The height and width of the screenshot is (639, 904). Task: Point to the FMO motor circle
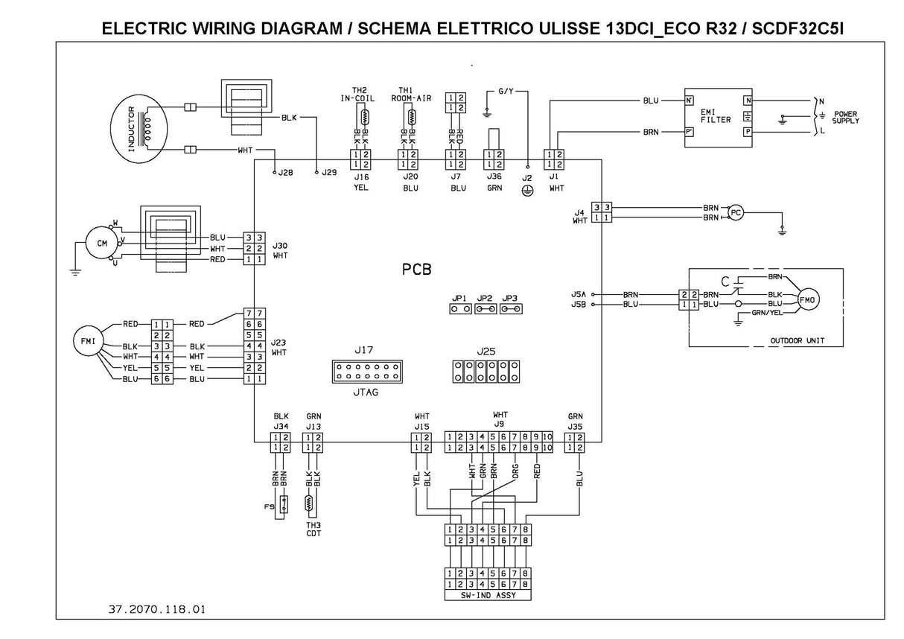808,299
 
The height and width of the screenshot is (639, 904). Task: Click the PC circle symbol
736,212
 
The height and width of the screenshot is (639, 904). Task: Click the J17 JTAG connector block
366,372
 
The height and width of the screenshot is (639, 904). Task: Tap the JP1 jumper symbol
459,308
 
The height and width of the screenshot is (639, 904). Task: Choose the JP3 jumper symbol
510,308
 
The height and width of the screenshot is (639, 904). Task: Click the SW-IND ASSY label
486,596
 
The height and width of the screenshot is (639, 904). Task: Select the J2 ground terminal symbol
528,189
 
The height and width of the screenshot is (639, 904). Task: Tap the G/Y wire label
506,91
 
